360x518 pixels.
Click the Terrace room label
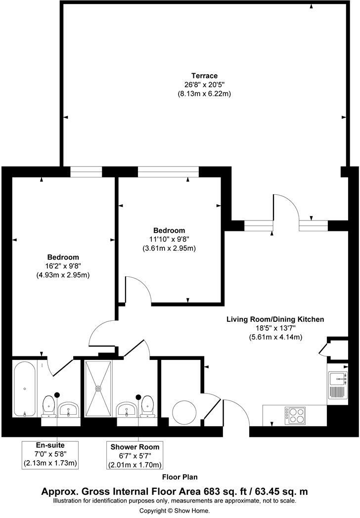coord(205,76)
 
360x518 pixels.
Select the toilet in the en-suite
coord(49,405)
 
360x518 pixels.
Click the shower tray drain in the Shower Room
coord(98,388)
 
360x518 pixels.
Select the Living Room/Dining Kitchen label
coord(275,319)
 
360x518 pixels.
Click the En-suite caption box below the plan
coord(50,454)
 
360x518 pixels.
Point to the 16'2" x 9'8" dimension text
coord(63,266)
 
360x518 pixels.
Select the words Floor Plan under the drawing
coord(180,477)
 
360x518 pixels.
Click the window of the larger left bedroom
coord(86,172)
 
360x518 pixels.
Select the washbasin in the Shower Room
coord(126,409)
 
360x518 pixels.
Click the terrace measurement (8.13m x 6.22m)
coord(205,93)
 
